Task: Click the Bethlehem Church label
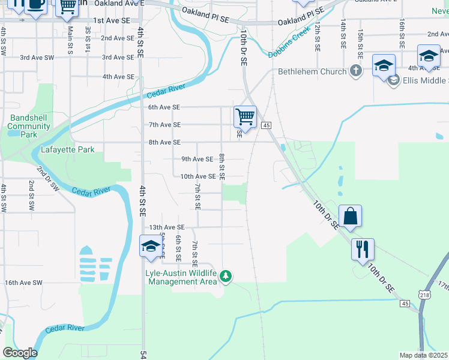(x=312, y=71)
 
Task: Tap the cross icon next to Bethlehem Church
(x=356, y=71)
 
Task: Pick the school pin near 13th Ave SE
(x=151, y=246)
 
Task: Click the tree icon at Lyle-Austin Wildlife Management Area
(x=226, y=276)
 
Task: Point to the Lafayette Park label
(x=68, y=149)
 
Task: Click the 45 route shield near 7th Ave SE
(x=267, y=125)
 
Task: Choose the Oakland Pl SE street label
(x=205, y=19)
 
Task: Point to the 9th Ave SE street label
(x=197, y=159)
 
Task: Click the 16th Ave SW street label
(x=23, y=282)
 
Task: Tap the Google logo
(x=20, y=353)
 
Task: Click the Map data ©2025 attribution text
(x=424, y=355)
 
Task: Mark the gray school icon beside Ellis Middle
(x=394, y=80)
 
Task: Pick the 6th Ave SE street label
(x=164, y=107)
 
